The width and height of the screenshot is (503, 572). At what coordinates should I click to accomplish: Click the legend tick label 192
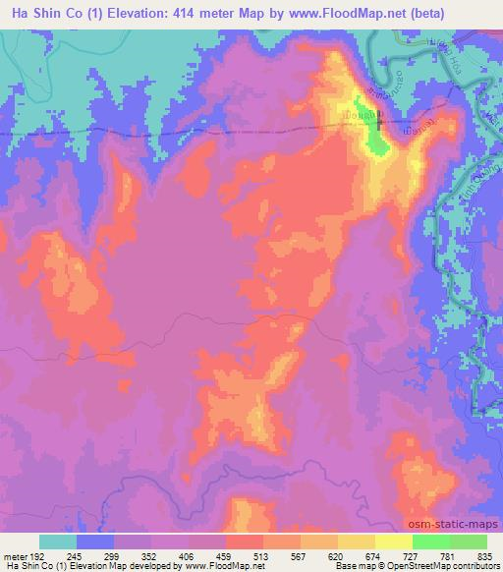(x=39, y=556)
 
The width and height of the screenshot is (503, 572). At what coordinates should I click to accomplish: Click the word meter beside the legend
(x=15, y=556)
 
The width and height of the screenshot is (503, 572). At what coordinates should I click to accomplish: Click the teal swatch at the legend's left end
(x=58, y=543)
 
